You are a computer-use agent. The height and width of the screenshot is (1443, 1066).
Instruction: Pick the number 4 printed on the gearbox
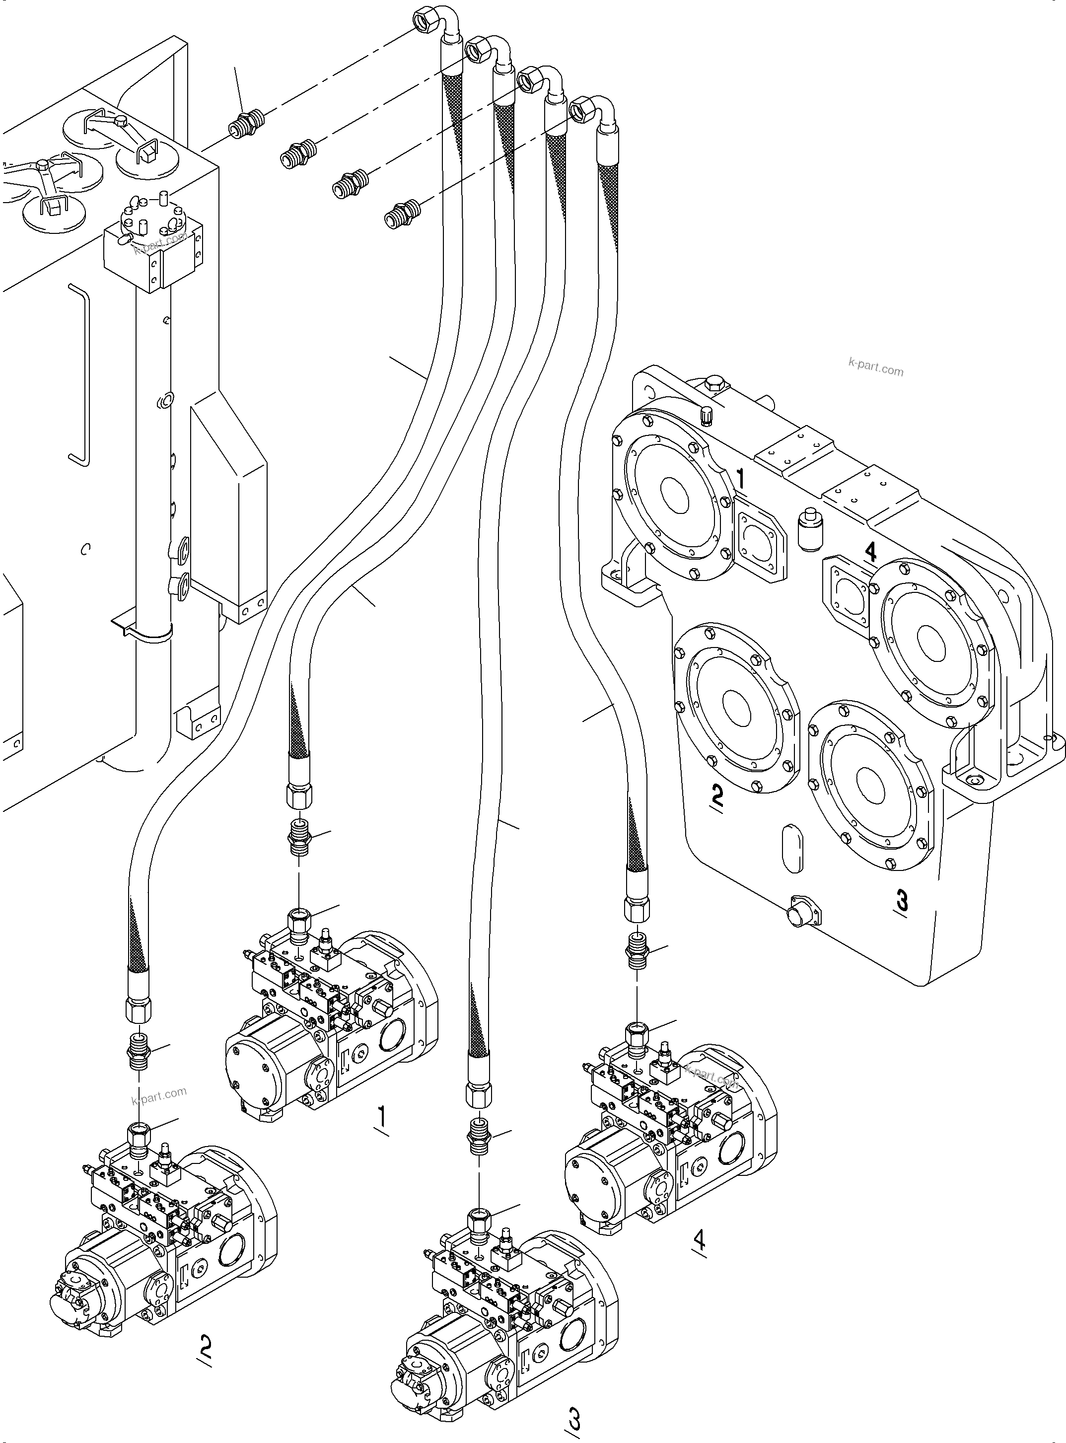pyautogui.click(x=870, y=552)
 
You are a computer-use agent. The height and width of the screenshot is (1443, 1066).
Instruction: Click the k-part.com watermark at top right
pyautogui.click(x=876, y=370)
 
